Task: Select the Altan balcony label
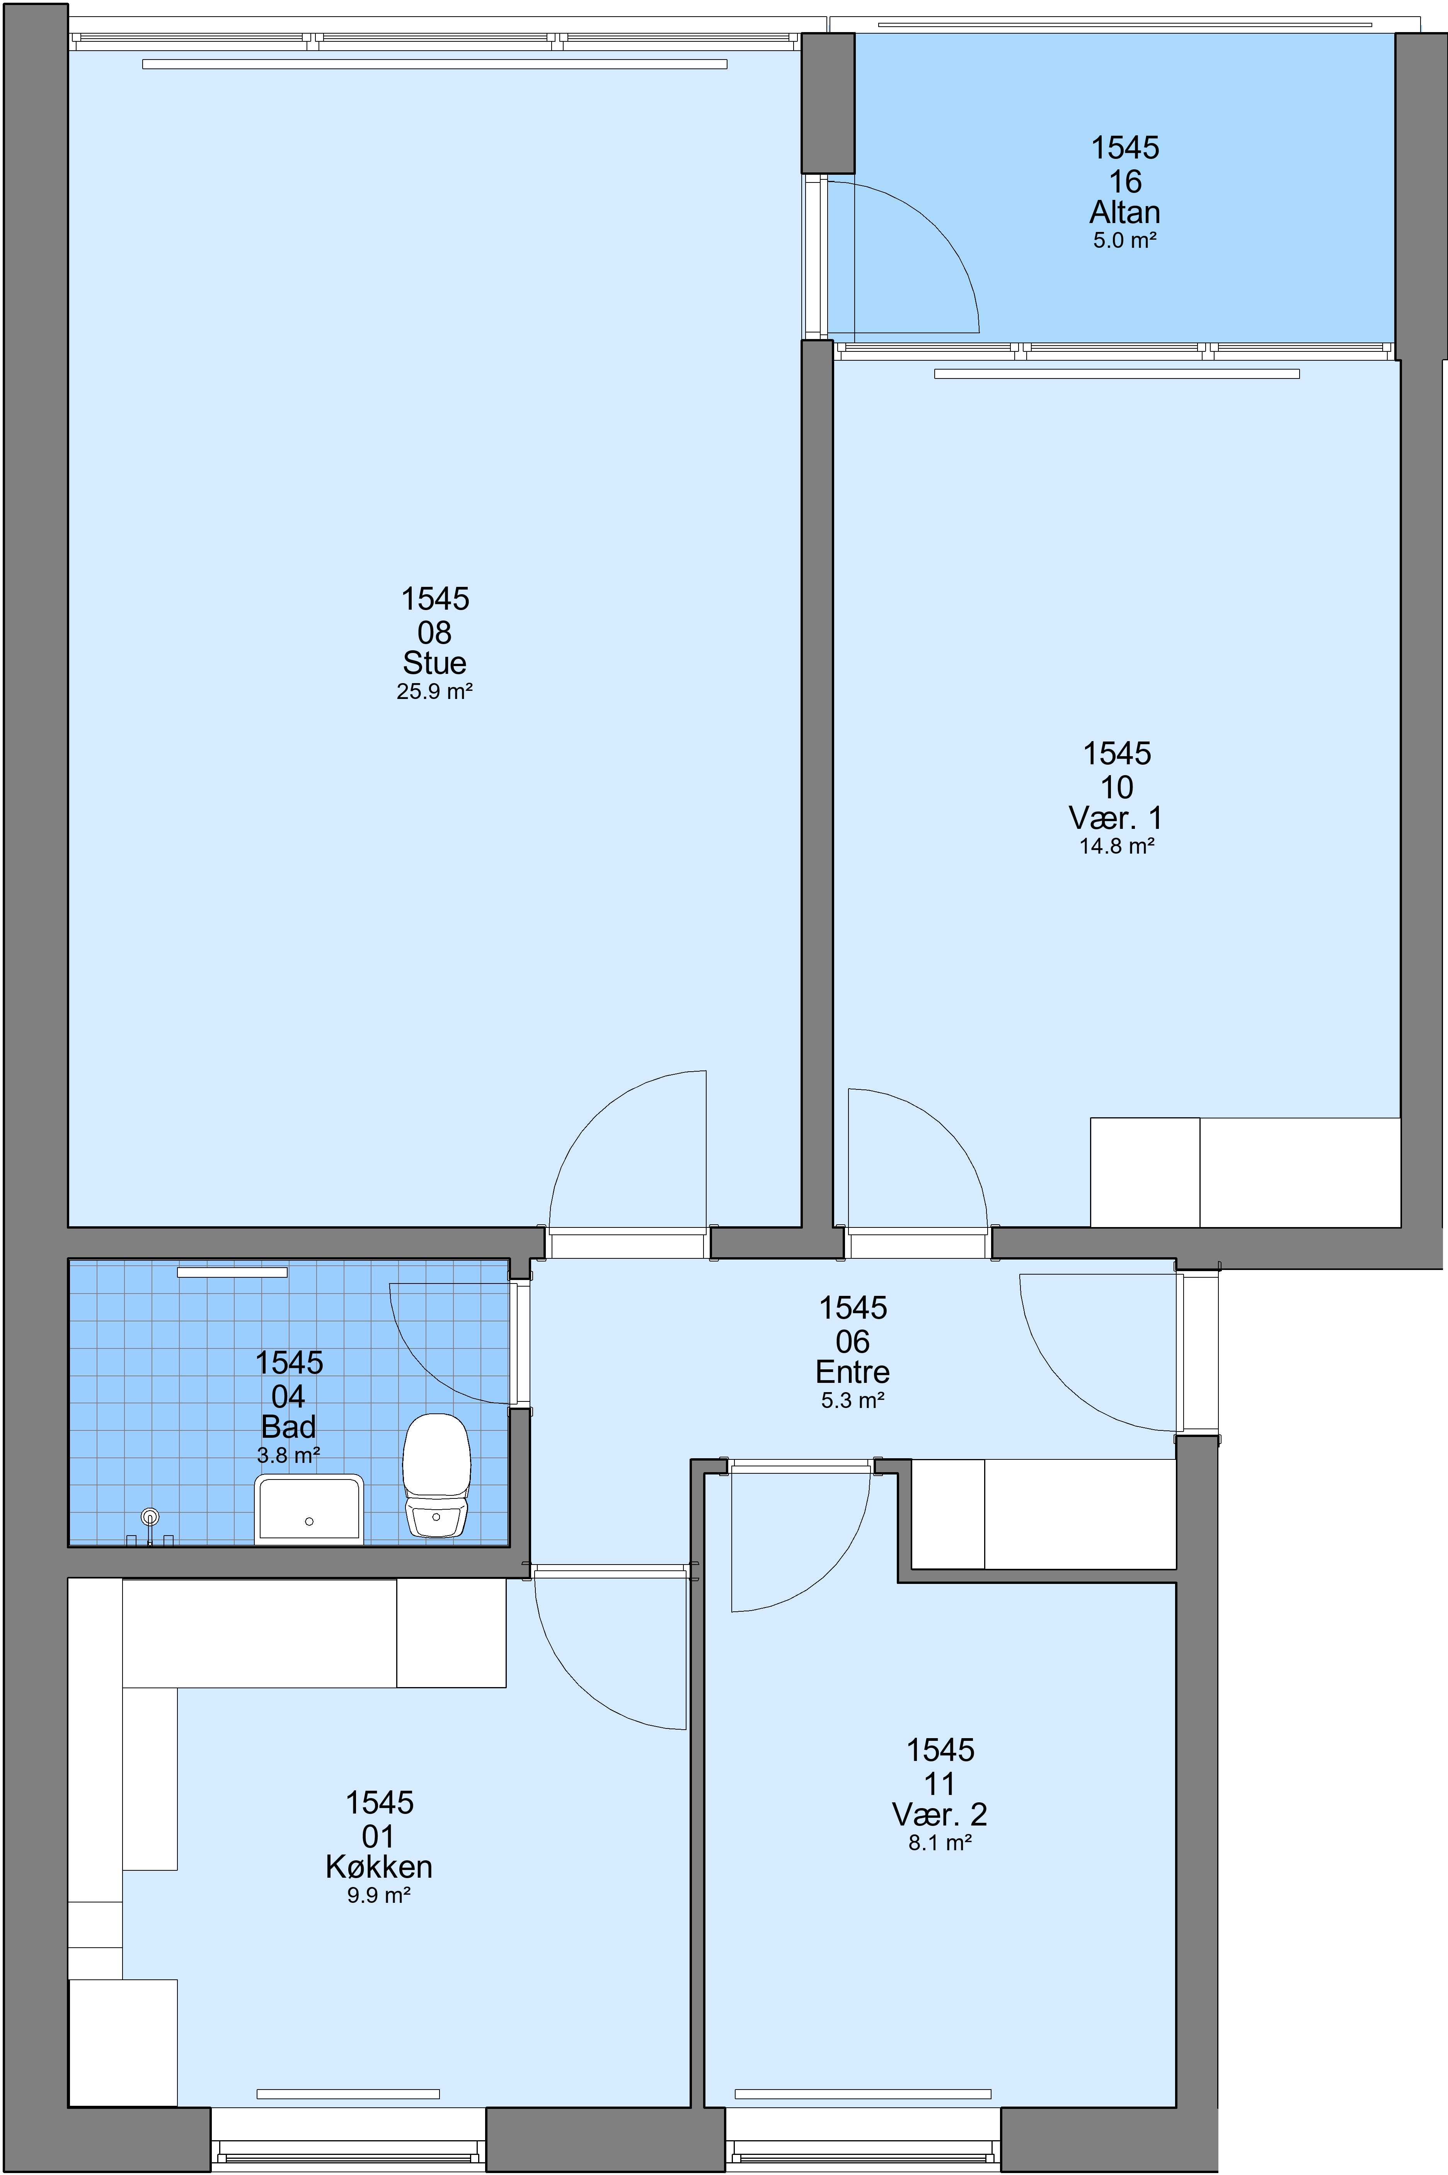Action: (1125, 212)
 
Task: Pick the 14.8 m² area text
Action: (1116, 846)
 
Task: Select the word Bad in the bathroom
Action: (288, 1427)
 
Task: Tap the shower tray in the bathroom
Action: (308, 1508)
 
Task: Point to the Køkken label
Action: (379, 1866)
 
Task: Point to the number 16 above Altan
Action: (1125, 181)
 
